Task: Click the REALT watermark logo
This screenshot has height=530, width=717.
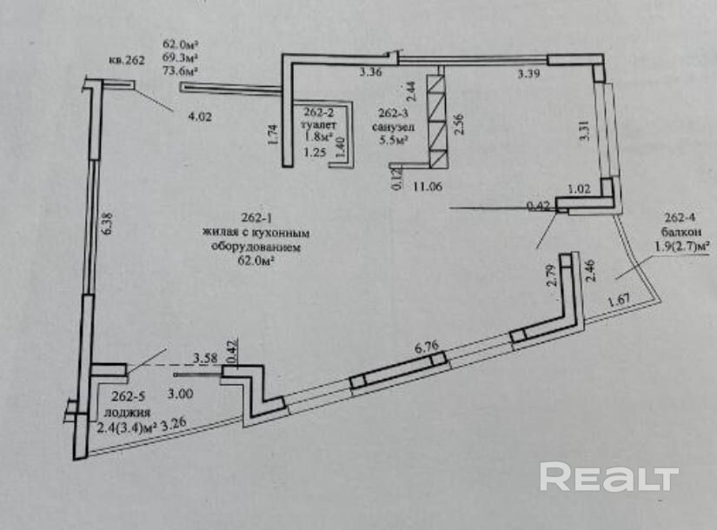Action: coord(608,478)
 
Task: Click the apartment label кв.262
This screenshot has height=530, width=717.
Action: coord(125,62)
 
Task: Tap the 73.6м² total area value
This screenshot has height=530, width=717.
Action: coord(180,72)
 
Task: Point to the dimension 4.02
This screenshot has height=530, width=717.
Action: coord(199,116)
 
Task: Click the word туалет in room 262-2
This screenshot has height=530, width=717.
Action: coord(319,123)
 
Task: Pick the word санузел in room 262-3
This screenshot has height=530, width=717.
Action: coord(395,124)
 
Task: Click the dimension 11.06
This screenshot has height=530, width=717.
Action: coord(428,186)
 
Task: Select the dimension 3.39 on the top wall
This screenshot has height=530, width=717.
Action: coord(528,75)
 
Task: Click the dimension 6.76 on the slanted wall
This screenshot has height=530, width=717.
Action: coord(426,347)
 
